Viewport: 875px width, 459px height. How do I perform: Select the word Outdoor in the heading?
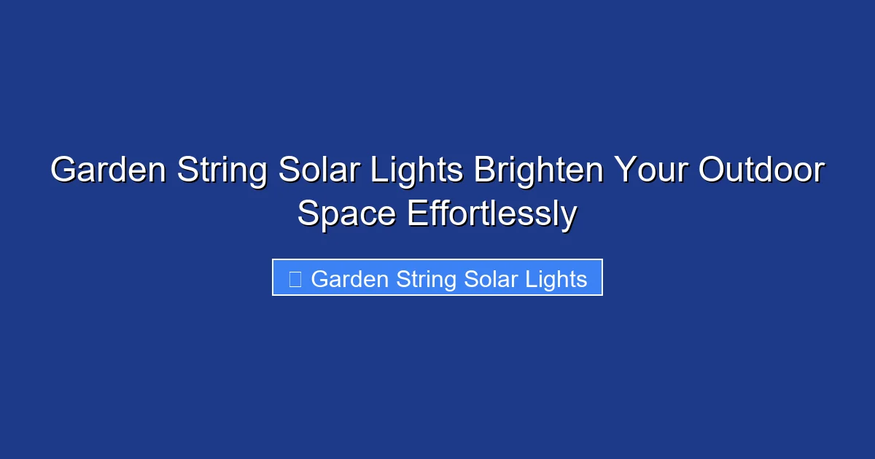click(x=761, y=170)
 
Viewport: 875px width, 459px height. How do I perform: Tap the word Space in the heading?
click(x=346, y=215)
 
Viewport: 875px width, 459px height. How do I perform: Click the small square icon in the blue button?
click(x=295, y=278)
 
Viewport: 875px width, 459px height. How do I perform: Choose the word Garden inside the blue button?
click(x=349, y=279)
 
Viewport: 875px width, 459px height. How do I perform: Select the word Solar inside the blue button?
click(x=487, y=279)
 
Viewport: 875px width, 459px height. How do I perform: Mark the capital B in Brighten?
click(x=483, y=170)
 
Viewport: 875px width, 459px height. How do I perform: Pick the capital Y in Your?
click(x=623, y=170)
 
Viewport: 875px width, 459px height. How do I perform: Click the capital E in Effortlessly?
click(x=416, y=214)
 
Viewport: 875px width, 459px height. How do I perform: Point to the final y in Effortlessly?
click(x=569, y=218)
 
